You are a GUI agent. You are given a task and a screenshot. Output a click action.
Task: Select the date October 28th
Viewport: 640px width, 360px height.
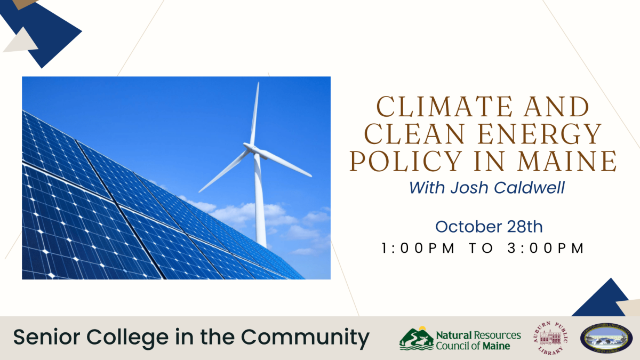pos(489,227)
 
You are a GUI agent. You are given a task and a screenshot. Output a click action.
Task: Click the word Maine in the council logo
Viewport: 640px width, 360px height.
pos(497,346)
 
